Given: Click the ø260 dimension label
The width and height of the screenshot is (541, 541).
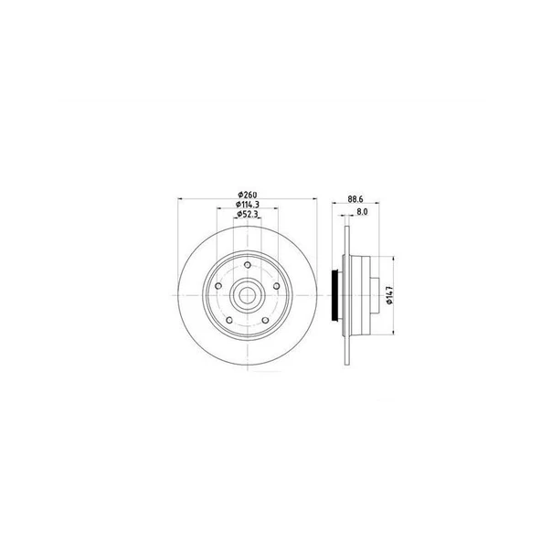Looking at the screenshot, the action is (248, 195).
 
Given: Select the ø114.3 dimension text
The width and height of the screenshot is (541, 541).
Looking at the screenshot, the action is (248, 205).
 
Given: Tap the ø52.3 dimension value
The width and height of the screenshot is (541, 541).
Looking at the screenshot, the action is (248, 214).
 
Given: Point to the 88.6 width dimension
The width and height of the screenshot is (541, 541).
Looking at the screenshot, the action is (355, 199).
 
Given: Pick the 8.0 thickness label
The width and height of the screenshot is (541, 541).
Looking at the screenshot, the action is (362, 211).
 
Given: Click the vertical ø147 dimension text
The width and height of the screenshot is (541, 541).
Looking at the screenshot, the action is (390, 295).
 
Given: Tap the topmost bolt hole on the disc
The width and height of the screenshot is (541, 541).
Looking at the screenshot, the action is (248, 265).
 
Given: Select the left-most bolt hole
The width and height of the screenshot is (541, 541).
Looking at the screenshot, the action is (218, 286).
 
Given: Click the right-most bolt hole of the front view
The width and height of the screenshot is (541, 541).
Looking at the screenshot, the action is (276, 286).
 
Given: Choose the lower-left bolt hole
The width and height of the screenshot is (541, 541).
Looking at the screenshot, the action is (229, 320).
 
